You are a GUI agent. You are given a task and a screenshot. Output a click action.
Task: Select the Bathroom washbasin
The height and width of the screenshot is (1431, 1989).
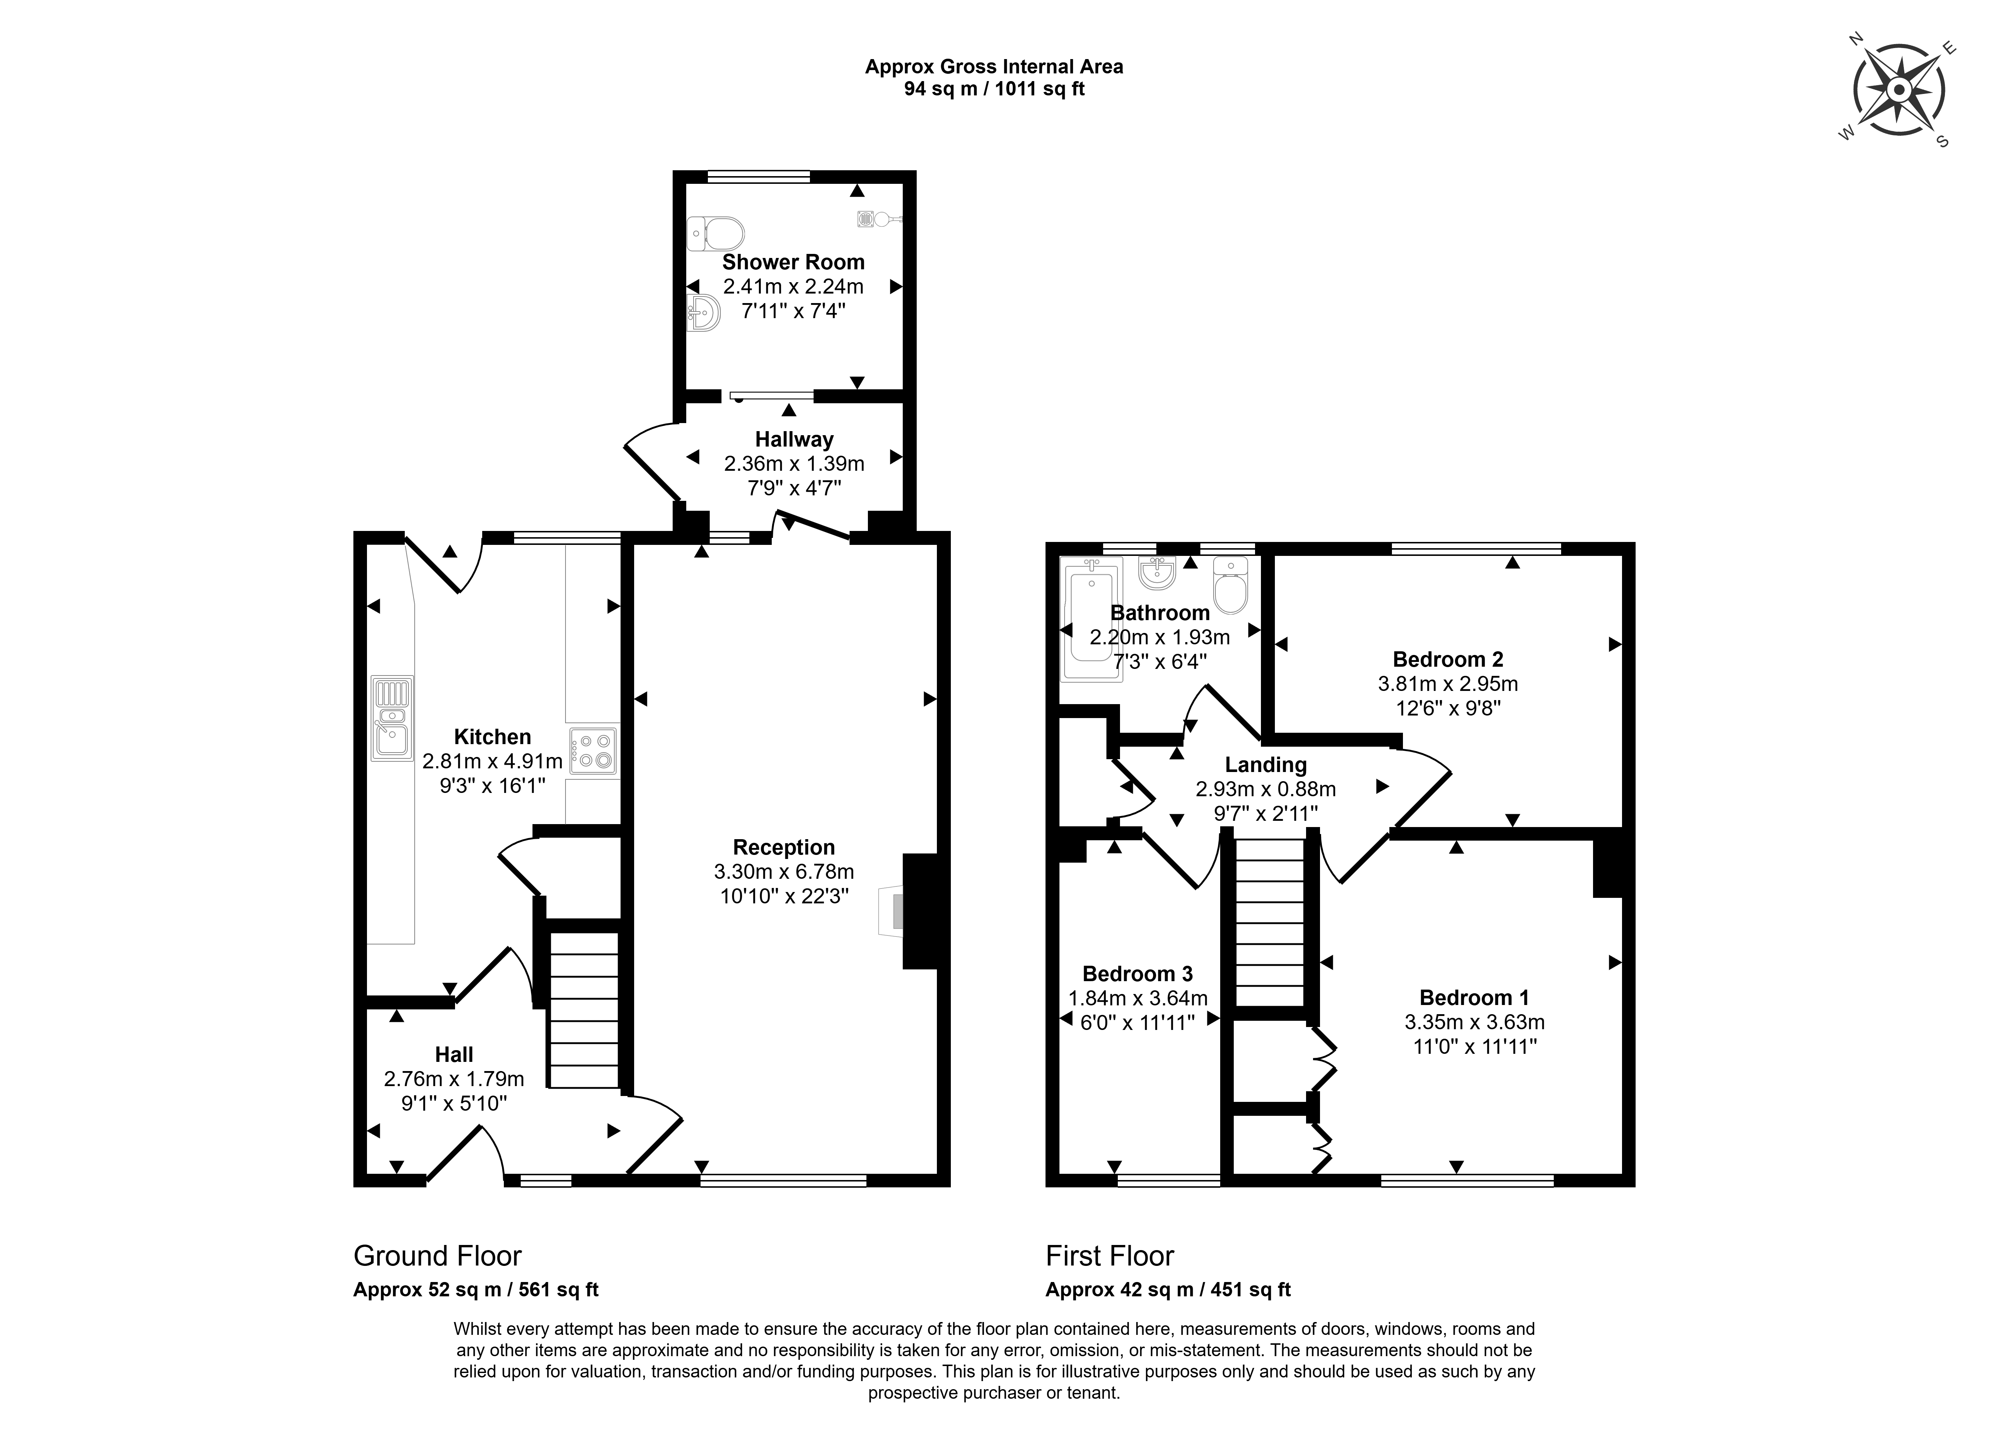coord(1157,572)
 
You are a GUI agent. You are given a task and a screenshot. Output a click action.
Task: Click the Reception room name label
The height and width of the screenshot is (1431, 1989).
coord(784,847)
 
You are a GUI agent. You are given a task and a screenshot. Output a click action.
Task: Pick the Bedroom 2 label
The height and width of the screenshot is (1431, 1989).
coord(1448,659)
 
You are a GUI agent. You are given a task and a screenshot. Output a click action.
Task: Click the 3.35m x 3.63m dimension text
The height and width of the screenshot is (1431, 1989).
coord(1474,1022)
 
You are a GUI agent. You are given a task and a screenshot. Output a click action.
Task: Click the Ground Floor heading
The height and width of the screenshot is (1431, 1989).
coord(437,1256)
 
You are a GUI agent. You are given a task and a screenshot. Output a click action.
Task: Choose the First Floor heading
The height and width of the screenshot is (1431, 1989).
coord(1109,1256)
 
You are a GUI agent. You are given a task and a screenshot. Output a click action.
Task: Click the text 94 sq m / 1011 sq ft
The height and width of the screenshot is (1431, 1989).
coord(995,88)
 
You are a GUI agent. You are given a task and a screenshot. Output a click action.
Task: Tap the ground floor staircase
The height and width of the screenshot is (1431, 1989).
coord(584,1010)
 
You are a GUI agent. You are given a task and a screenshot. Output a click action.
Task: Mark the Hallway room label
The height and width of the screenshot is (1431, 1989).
coord(794,439)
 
